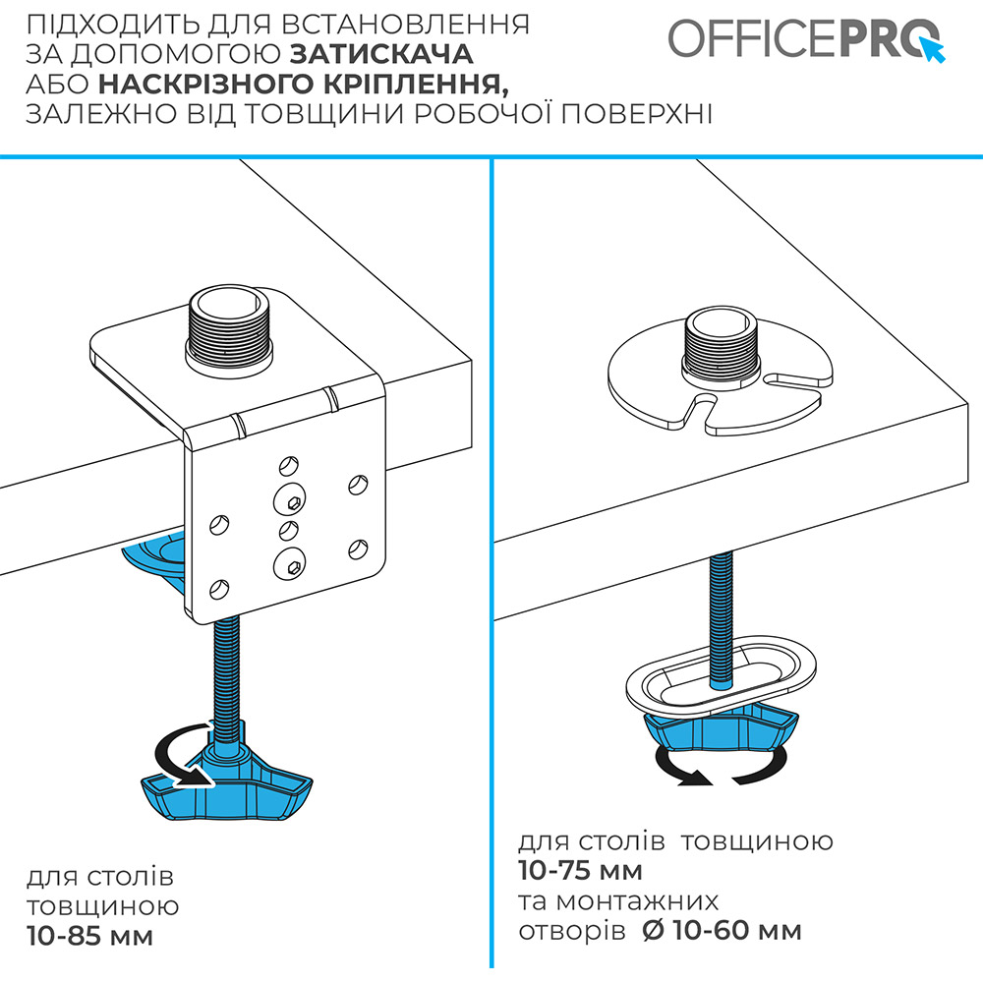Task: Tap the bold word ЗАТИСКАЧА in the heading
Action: [381, 54]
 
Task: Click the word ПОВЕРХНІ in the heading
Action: [636, 114]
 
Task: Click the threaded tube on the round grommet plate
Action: [721, 347]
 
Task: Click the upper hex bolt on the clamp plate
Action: [290, 499]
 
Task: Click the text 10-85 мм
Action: [90, 937]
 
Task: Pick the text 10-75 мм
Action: [581, 871]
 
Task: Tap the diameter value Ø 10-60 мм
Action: [723, 931]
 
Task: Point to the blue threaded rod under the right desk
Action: [721, 620]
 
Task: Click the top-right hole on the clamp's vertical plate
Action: [358, 485]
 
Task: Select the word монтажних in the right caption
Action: [637, 901]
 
